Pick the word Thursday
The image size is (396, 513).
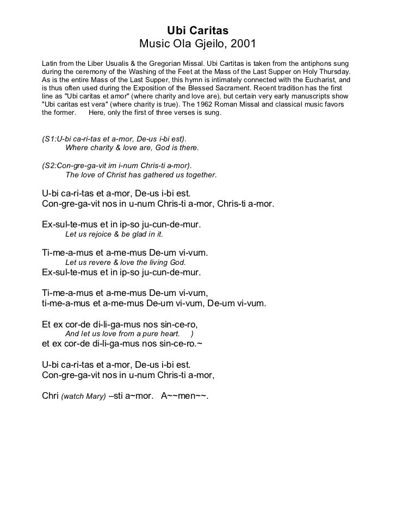click(x=333, y=71)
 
